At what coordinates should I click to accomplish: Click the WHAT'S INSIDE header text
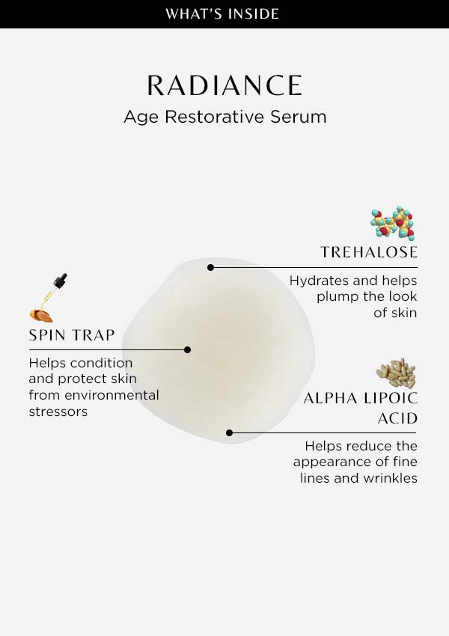coord(222,13)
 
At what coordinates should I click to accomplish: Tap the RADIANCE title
coord(224,85)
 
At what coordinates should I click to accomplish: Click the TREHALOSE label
coord(369,252)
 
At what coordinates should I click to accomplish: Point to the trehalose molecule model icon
coord(393,223)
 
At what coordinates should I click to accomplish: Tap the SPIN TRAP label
coord(72,335)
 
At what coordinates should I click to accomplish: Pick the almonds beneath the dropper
coord(41,315)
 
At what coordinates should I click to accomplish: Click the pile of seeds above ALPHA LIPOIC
coord(396,373)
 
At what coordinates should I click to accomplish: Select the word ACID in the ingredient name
coord(397,418)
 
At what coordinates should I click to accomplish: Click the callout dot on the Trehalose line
coord(210,267)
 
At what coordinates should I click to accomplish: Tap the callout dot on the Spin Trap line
coord(187,349)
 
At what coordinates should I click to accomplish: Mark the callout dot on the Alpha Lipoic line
coord(229,432)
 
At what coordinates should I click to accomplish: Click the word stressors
coord(58,412)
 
